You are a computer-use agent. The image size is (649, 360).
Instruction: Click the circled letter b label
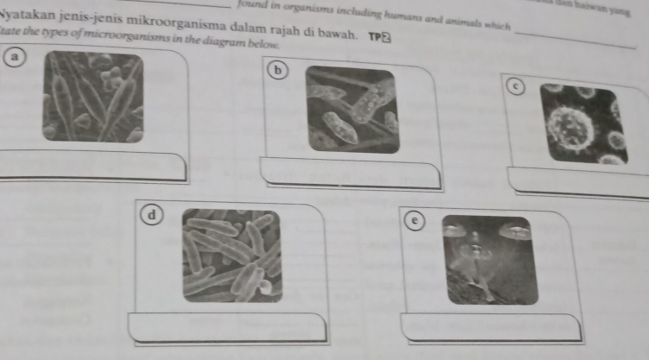tap(276, 69)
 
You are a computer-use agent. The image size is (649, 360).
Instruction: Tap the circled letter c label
tap(514, 85)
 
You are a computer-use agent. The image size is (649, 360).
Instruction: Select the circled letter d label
tap(154, 212)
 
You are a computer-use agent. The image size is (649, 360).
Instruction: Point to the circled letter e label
tap(416, 221)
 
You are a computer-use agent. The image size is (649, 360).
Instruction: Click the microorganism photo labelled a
tap(93, 97)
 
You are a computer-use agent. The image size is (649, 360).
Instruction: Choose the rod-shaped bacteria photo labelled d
tap(232, 256)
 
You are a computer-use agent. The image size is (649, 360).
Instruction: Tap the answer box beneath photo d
tap(228, 327)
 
